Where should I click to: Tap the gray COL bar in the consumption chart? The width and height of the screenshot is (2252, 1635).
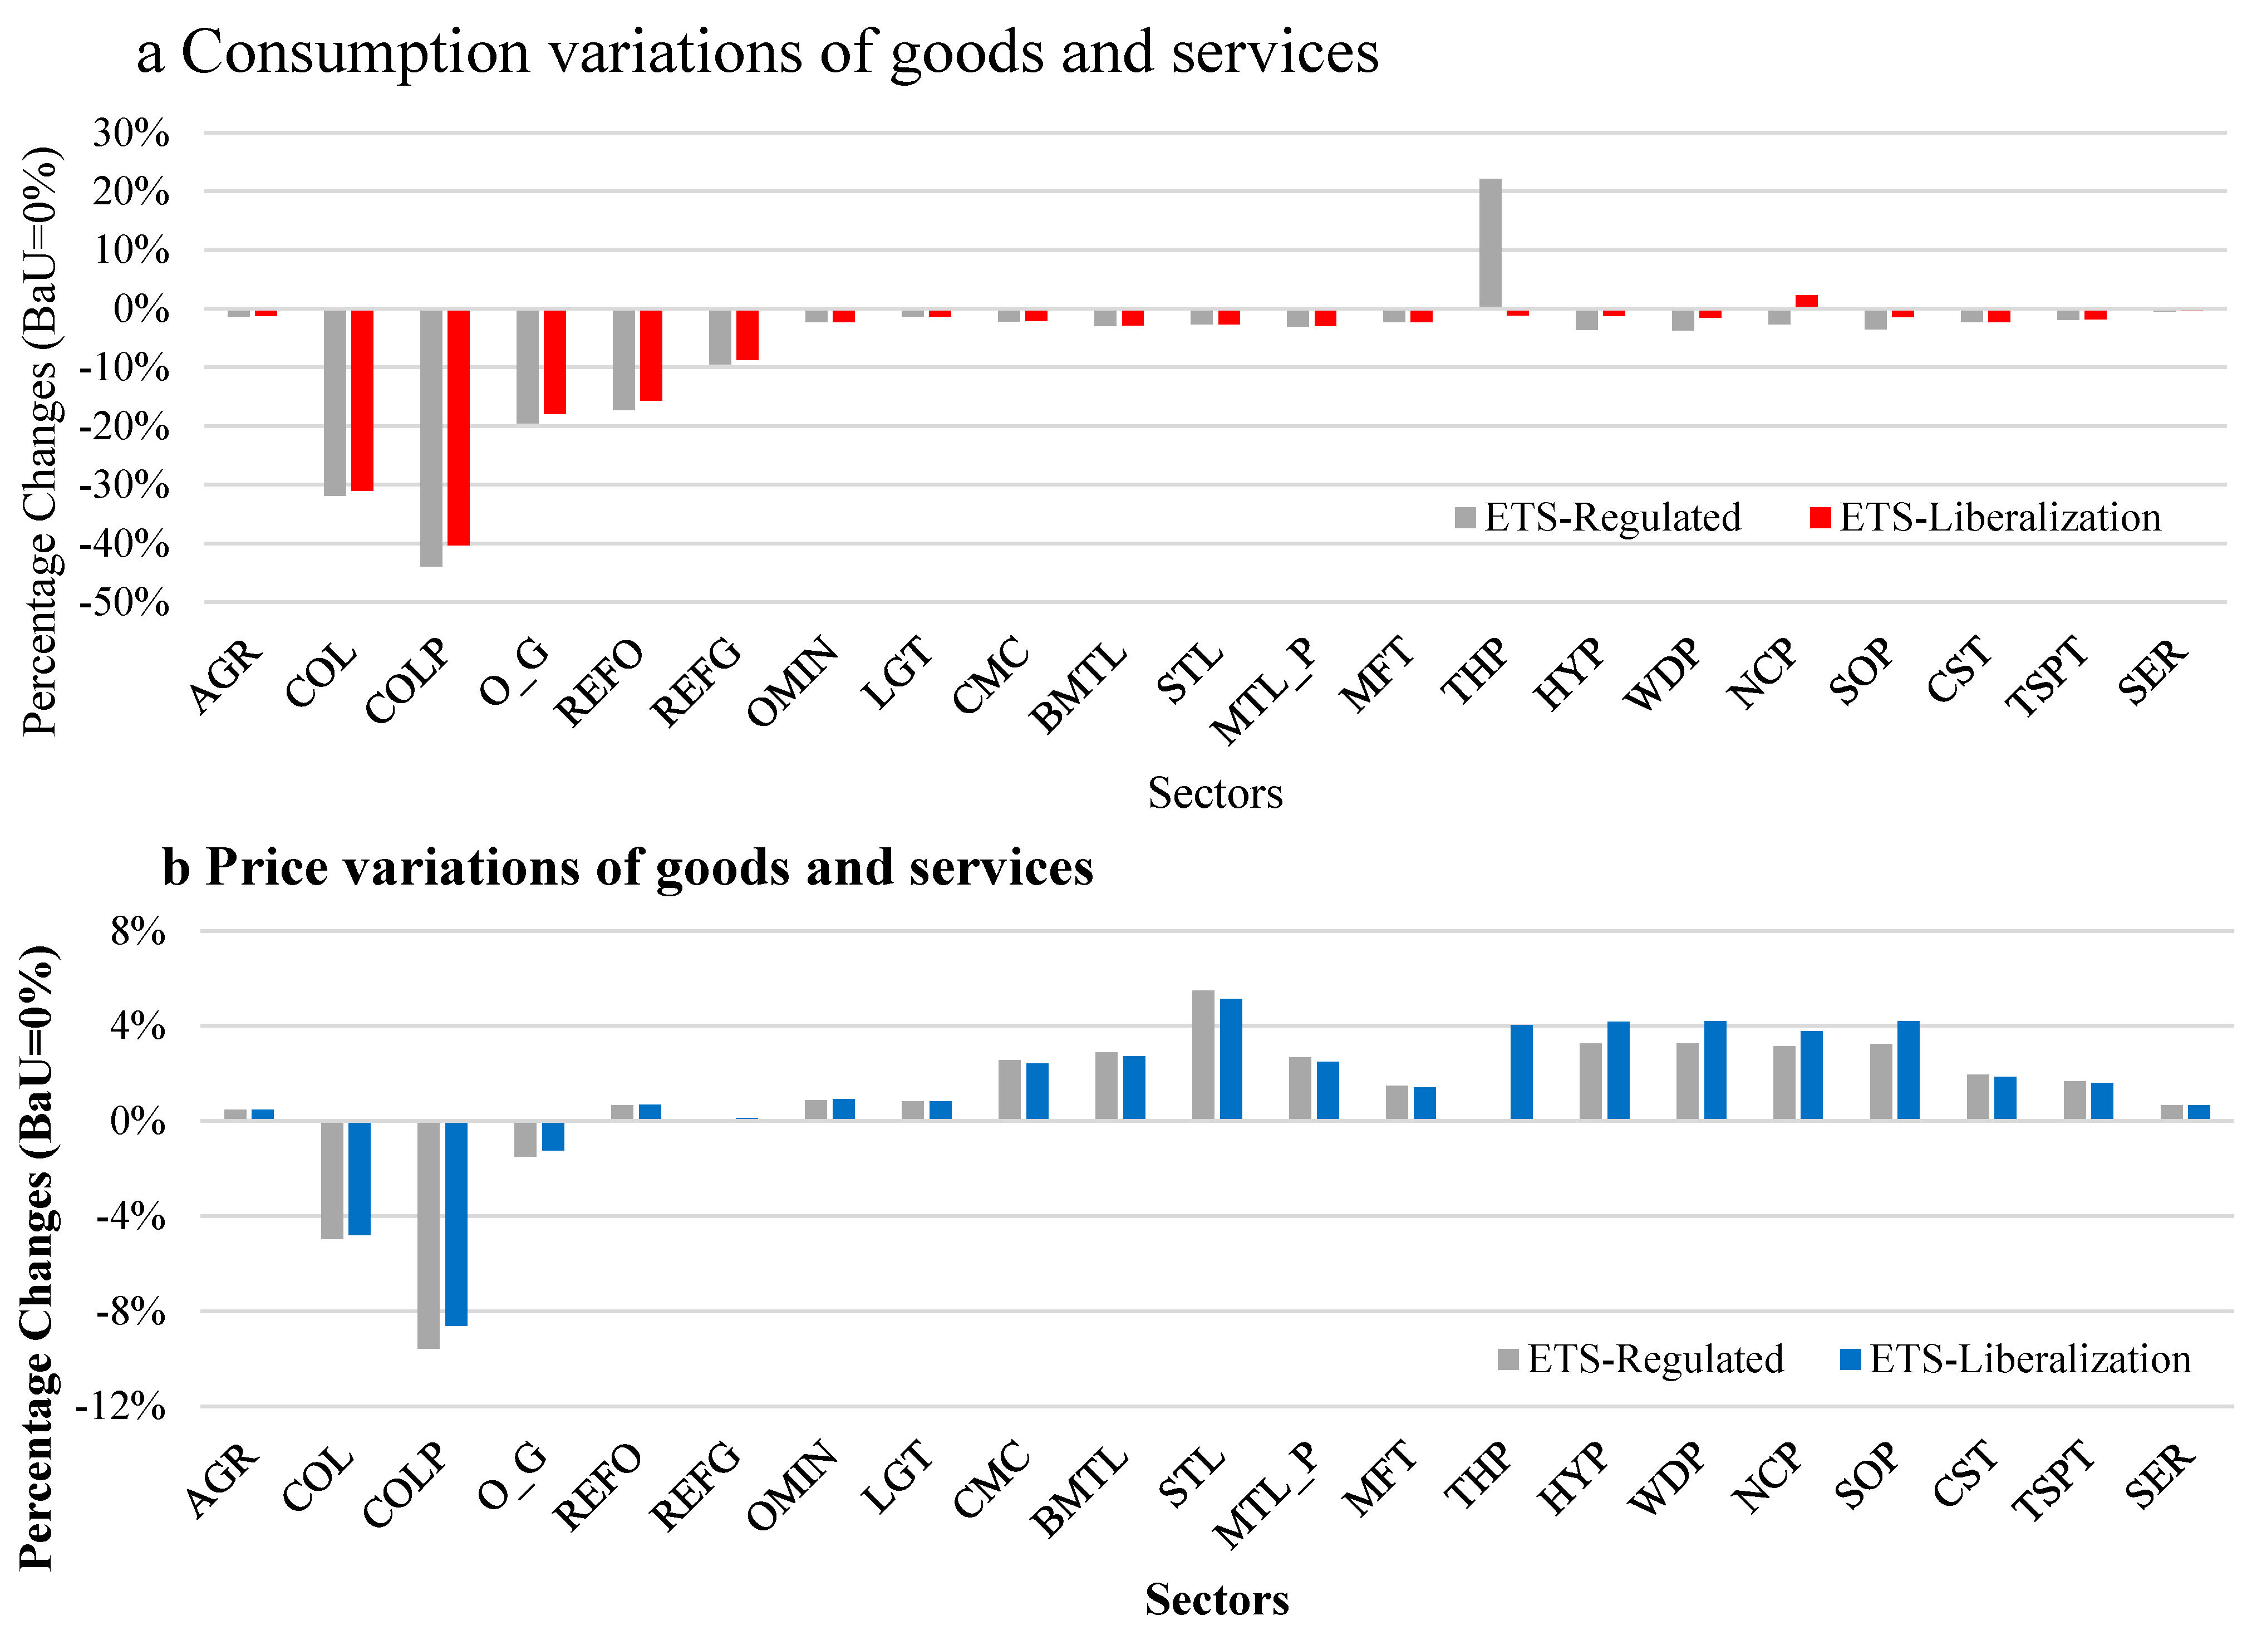(335, 402)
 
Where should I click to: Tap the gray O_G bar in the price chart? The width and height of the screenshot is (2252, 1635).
(525, 1140)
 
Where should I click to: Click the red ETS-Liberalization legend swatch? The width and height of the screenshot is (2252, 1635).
(1820, 518)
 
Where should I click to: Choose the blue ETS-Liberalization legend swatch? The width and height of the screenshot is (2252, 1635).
(1850, 1359)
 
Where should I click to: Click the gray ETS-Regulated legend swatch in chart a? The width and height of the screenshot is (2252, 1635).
(1464, 518)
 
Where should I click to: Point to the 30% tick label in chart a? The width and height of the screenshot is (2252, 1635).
(131, 133)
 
